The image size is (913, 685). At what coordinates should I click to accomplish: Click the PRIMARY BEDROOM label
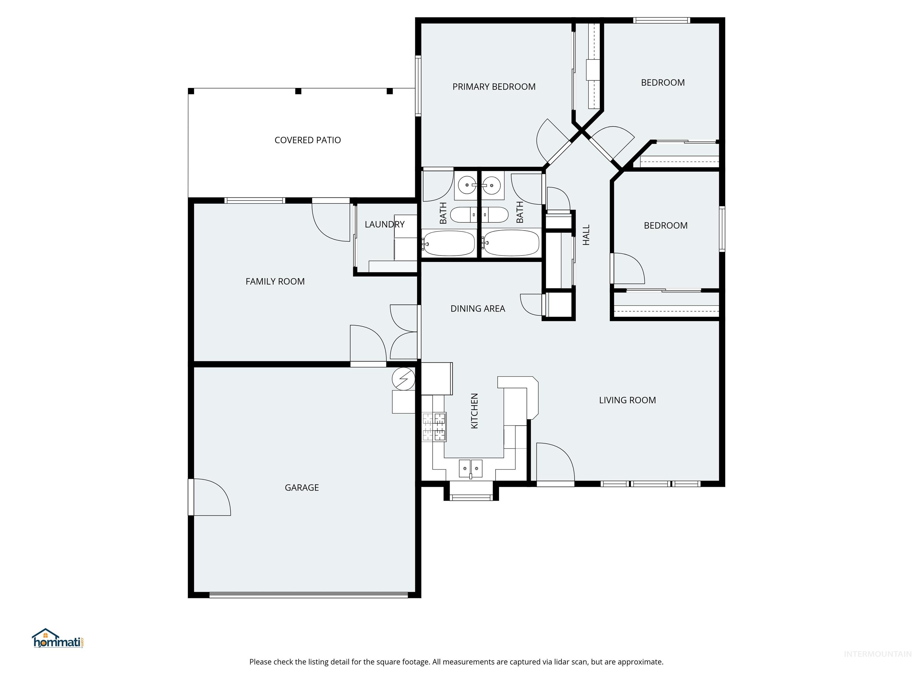(494, 87)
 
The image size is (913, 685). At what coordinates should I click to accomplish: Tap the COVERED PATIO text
(308, 140)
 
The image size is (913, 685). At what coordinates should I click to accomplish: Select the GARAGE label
(302, 487)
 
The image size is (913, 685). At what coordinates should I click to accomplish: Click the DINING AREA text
(478, 308)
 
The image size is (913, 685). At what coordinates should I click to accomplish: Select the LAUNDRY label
(384, 224)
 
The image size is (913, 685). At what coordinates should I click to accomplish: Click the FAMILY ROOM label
(275, 281)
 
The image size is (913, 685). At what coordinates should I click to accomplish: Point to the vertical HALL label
(586, 235)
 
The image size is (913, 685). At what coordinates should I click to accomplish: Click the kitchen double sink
(470, 469)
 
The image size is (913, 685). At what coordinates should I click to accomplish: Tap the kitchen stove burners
(434, 427)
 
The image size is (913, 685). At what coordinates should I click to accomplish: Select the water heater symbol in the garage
(404, 379)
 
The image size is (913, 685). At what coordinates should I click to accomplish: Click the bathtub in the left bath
(449, 243)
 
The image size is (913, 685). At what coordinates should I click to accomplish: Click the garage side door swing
(210, 497)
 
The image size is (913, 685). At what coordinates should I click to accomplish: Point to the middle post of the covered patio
(298, 91)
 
